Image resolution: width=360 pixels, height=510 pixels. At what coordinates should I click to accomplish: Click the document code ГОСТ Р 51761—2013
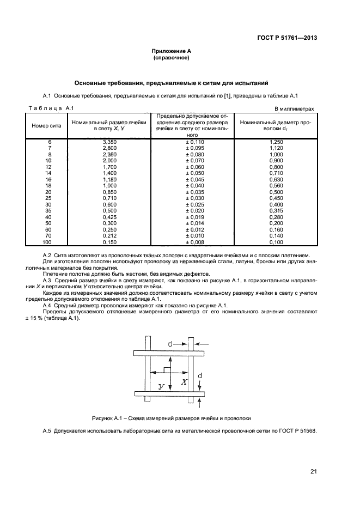(286, 38)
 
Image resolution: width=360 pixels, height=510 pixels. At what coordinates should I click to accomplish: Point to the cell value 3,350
(111, 142)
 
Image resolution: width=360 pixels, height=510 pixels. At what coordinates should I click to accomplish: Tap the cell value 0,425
(111, 217)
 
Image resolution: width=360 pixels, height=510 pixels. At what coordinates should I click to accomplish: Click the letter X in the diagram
(184, 382)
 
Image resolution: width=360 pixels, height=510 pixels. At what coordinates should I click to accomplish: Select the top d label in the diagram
(170, 344)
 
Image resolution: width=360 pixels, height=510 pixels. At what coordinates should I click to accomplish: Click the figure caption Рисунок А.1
(171, 418)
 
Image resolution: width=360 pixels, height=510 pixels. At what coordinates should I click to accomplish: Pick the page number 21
(313, 472)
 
